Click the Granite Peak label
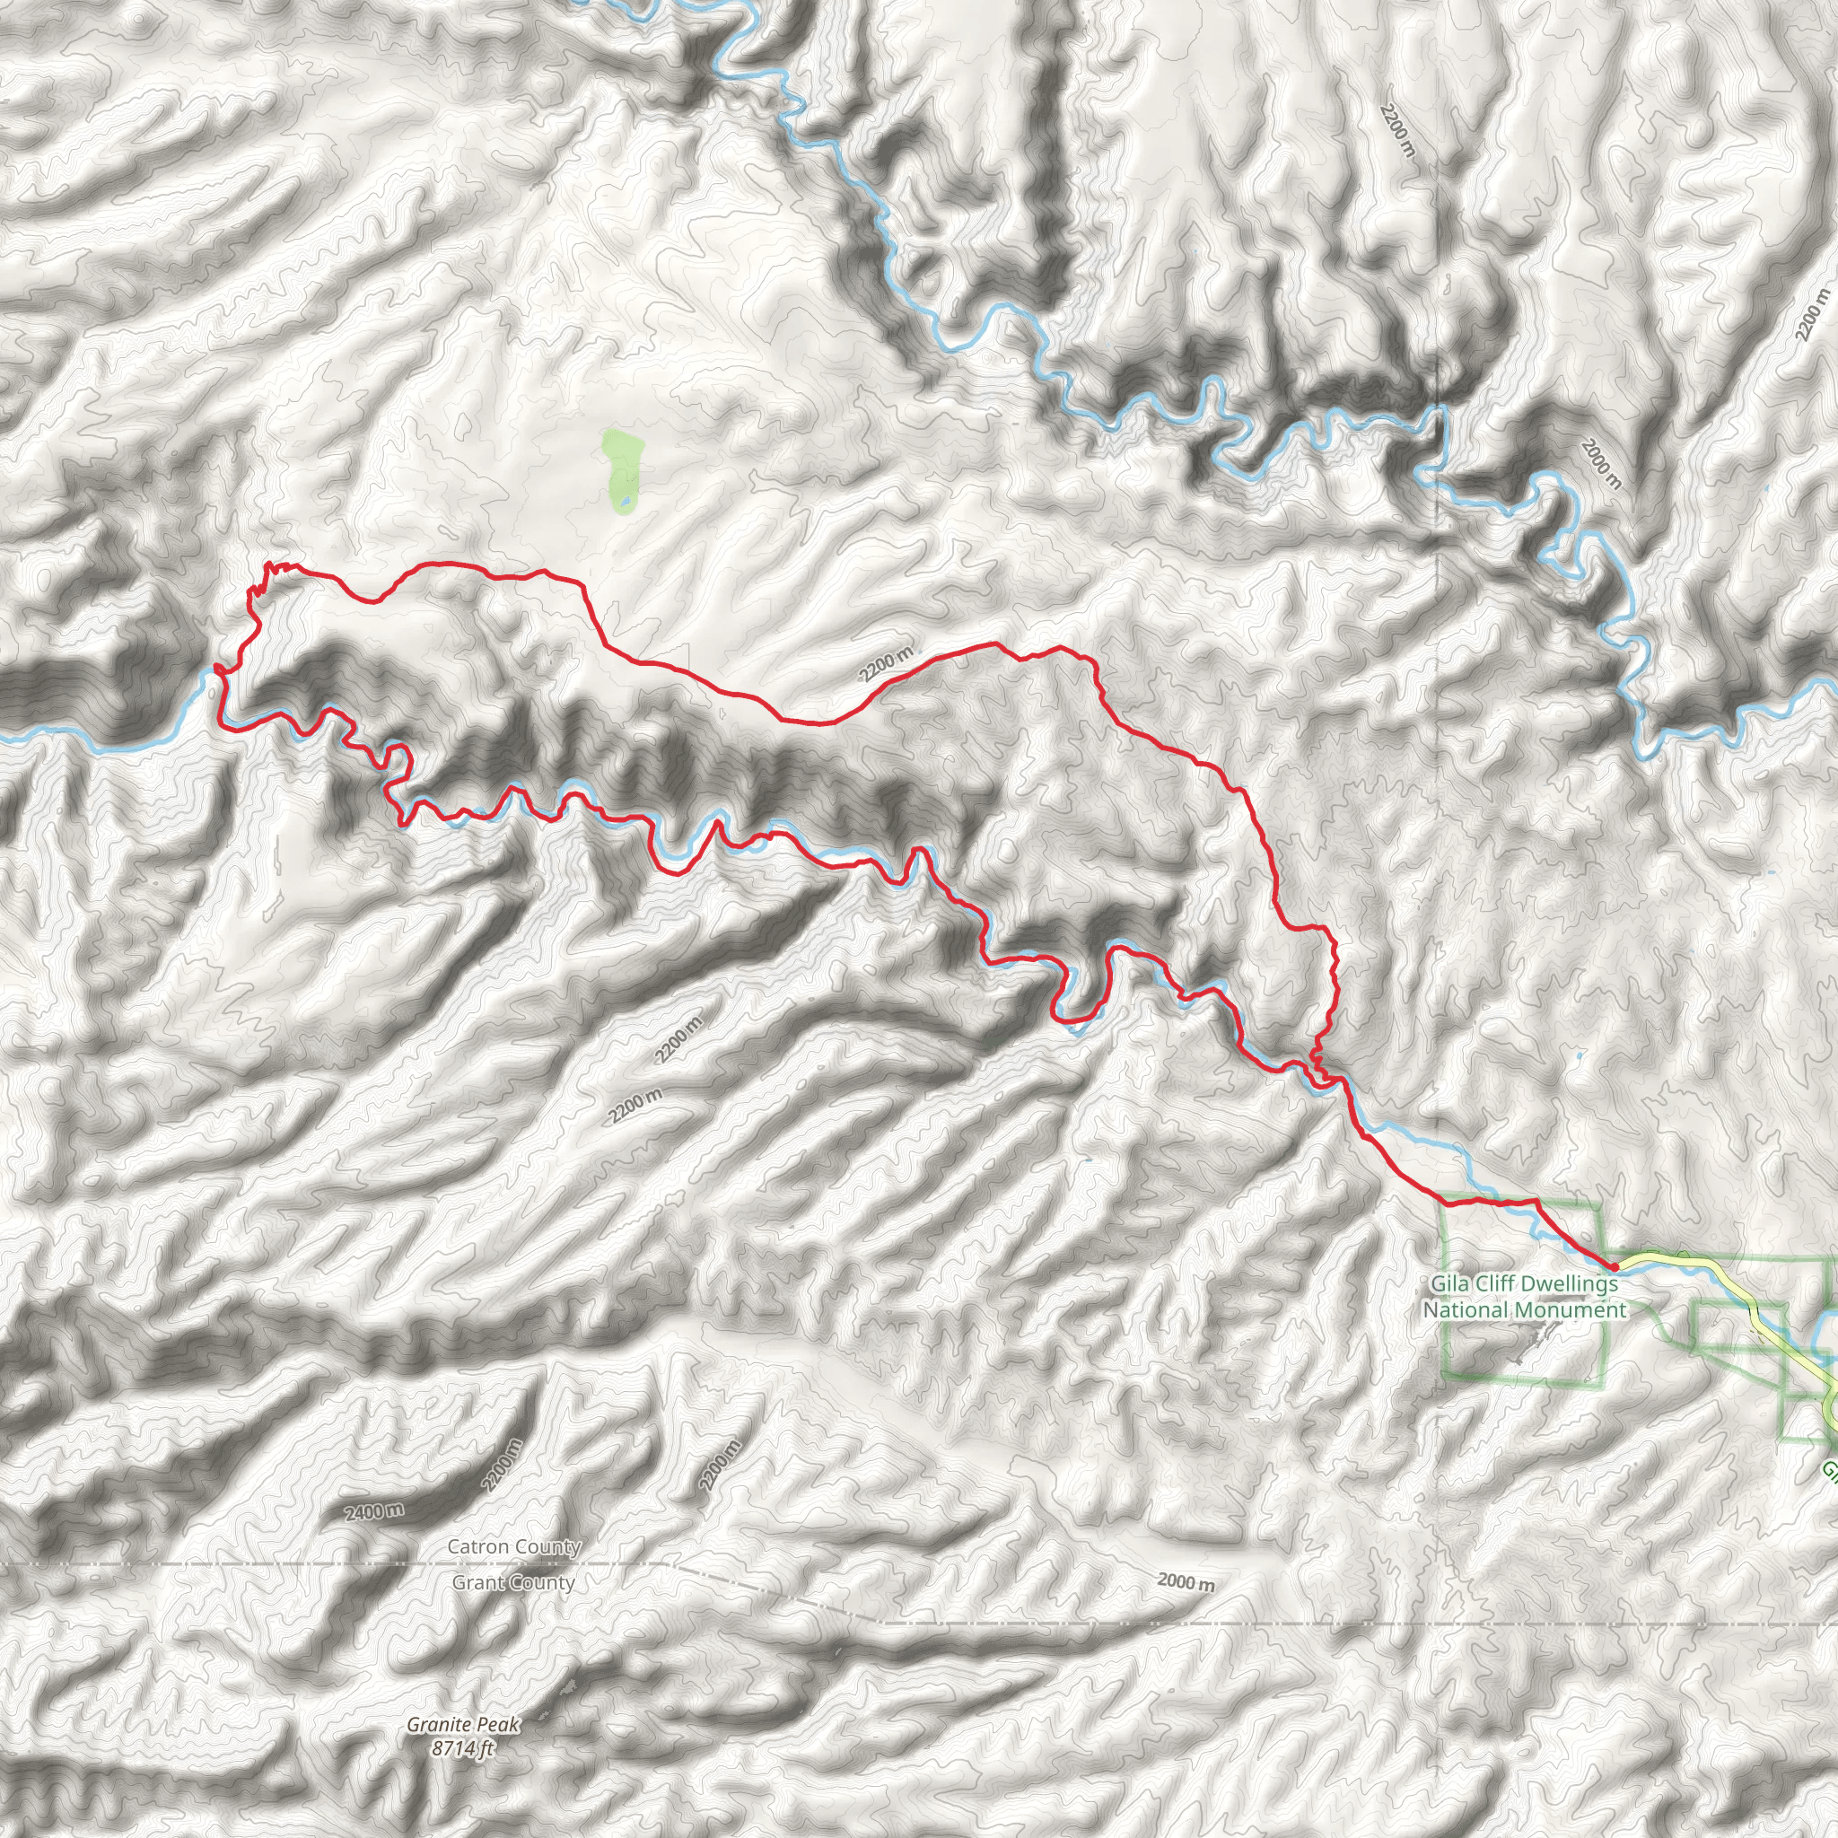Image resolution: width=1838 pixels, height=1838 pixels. coord(463,1698)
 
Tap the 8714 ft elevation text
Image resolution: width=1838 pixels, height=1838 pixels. coord(463,1721)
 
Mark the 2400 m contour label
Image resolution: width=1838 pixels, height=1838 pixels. coord(374,1511)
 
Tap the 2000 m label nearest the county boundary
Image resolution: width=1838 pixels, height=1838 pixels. coord(1186,1583)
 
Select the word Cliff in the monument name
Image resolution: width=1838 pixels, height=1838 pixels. coord(1499,1284)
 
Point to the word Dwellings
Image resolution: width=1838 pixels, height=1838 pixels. coord(1571,1284)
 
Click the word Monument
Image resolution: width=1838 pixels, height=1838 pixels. coord(1567,1310)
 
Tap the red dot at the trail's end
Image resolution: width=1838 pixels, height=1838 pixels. coord(1614,1266)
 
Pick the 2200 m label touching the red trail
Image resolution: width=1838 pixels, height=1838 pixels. coord(886,664)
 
